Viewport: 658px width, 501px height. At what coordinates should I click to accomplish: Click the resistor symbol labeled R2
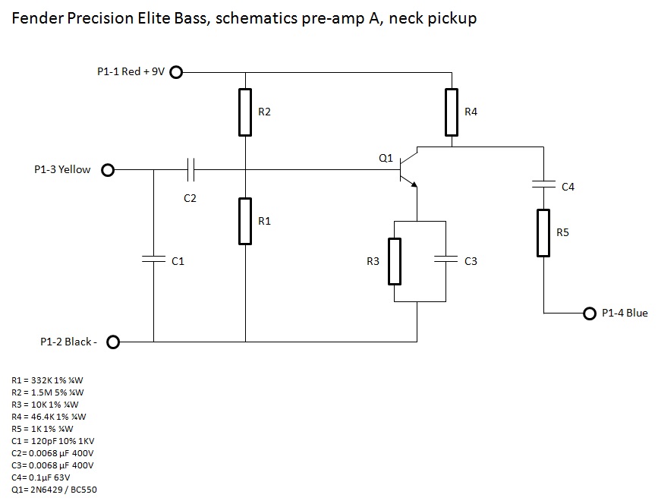click(245, 112)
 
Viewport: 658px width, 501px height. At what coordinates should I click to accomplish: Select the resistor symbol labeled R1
click(245, 221)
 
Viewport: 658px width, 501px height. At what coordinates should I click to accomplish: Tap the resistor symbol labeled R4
click(452, 112)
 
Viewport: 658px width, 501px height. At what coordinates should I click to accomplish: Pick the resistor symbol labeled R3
click(394, 261)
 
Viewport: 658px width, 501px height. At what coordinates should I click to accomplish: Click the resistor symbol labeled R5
click(543, 233)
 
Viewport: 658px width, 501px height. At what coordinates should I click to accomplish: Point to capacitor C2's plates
click(190, 170)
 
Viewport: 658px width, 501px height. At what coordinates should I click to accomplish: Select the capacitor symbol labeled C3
click(445, 260)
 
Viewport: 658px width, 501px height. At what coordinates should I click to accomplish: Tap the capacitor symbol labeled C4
click(543, 184)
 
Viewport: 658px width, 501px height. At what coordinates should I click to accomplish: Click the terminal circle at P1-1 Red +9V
click(176, 73)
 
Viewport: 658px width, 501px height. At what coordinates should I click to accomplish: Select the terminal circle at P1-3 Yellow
click(108, 170)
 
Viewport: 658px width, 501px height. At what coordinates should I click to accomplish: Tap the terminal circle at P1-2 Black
click(113, 342)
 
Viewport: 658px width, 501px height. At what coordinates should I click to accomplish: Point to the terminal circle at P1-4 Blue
click(590, 314)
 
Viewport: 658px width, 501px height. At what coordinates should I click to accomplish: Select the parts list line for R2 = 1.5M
click(48, 392)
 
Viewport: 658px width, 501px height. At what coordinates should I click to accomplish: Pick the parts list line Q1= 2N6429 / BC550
click(54, 490)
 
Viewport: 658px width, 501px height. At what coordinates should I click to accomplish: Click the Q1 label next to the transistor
click(386, 159)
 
